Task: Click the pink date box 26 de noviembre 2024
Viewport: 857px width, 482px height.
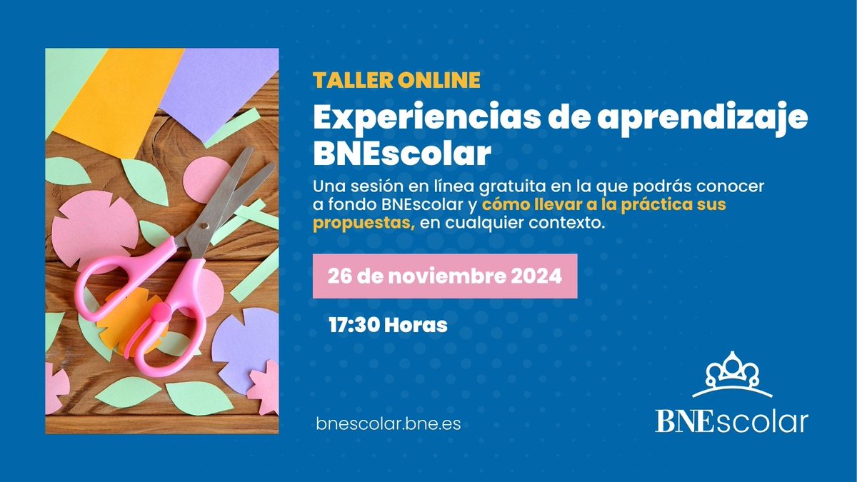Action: coord(445,276)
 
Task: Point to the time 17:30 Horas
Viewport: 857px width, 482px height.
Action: coord(388,326)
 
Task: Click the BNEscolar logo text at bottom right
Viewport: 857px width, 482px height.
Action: coord(731,421)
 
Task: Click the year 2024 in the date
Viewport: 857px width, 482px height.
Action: coord(535,276)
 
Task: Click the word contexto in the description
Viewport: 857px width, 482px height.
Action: coord(569,224)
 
